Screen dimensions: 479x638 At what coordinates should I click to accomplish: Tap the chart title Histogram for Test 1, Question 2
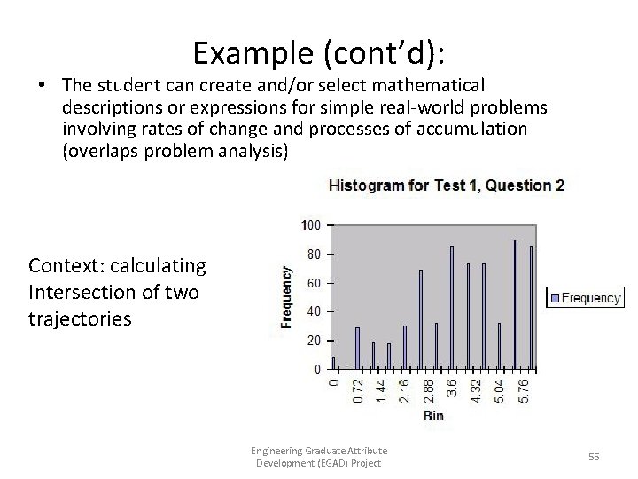click(447, 185)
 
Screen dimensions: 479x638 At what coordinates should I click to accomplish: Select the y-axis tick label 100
click(311, 224)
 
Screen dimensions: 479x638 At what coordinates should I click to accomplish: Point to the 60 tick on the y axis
click(314, 283)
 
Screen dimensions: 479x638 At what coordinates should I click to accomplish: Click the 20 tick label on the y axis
click(314, 341)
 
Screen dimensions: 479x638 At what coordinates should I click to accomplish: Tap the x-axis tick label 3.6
click(452, 387)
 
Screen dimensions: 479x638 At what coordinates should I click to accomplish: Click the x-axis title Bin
click(433, 415)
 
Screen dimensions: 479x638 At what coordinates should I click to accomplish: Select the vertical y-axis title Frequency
click(287, 297)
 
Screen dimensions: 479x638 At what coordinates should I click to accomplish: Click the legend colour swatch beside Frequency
click(554, 298)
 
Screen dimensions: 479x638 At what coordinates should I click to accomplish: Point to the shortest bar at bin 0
click(334, 363)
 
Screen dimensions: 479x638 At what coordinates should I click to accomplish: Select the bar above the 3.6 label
click(452, 307)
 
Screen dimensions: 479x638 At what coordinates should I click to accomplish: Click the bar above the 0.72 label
click(357, 347)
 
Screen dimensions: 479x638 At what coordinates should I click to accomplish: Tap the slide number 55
click(595, 456)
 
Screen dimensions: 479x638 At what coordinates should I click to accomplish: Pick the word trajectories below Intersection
click(80, 318)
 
